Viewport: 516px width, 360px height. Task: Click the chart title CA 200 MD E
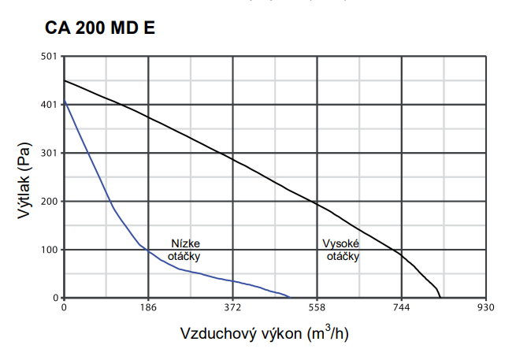point(99,29)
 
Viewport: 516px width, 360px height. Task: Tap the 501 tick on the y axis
point(49,56)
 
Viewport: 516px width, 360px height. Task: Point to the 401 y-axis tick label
point(49,105)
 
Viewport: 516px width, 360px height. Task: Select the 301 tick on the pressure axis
point(49,153)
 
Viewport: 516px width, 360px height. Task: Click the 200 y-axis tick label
point(49,202)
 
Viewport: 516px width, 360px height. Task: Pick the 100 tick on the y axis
point(49,250)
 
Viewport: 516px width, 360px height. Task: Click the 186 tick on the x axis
point(148,308)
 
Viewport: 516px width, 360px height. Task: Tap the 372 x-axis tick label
point(232,308)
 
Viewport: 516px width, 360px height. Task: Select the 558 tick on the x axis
point(317,308)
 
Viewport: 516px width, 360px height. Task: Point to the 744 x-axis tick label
point(401,308)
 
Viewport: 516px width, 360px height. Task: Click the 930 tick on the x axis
point(485,308)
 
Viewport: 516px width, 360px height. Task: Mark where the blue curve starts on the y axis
point(64,101)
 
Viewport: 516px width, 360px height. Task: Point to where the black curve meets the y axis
point(64,80)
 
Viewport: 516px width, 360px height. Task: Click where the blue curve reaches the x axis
point(290,298)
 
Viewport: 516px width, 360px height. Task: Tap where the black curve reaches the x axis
point(441,298)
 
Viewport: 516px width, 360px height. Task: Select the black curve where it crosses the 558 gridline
point(317,204)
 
